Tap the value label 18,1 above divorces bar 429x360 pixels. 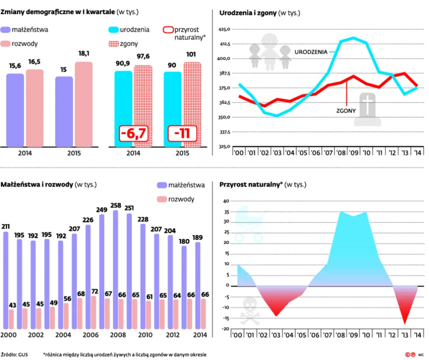(84, 54)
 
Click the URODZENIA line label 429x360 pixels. (311, 52)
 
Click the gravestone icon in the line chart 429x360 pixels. (367, 109)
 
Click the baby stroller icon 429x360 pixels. (249, 224)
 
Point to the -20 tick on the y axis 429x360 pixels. (225, 329)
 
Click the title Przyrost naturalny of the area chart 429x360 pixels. (249, 185)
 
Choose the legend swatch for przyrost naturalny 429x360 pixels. (168, 30)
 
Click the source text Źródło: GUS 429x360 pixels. (15, 355)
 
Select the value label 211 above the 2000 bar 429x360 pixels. (5, 226)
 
